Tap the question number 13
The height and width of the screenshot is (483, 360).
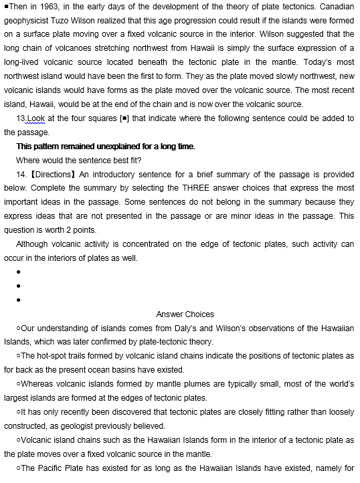21,118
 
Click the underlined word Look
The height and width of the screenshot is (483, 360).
36,118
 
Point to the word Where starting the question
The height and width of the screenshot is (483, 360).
28,160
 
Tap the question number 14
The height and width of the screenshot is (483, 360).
21,174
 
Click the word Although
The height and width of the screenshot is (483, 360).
33,244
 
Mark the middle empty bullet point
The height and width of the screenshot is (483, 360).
19,286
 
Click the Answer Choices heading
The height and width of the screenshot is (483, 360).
185,314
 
